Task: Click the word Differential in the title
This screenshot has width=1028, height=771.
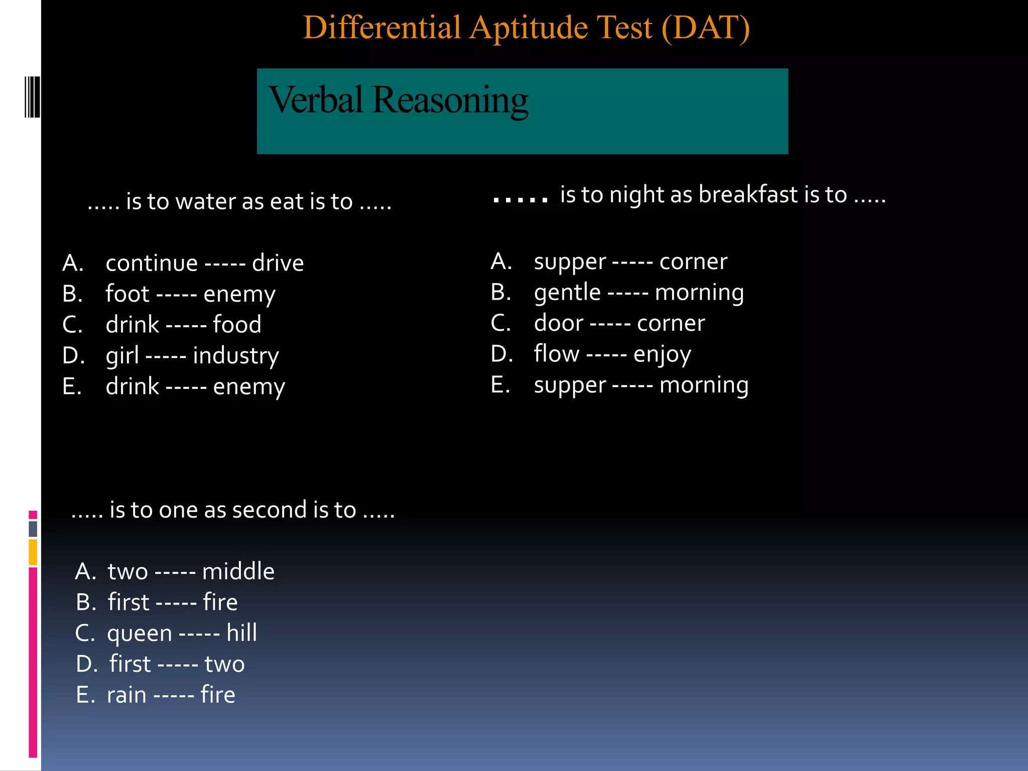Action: coord(382,28)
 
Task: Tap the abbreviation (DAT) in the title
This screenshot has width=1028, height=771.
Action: coord(705,28)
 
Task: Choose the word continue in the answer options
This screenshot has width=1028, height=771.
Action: coord(152,264)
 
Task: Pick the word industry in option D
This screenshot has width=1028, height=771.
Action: coord(236,356)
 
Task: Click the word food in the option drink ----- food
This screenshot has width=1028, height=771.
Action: coord(237,325)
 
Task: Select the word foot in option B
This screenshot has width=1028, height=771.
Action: coord(127,294)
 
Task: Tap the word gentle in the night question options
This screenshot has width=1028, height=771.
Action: coord(567,293)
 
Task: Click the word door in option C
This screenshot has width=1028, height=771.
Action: coord(559,323)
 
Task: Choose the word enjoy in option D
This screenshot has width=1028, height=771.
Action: coord(662,354)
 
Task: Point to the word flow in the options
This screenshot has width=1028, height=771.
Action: coord(556,354)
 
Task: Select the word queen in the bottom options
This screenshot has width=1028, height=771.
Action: coord(140,633)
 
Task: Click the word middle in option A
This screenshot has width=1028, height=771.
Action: coord(238,572)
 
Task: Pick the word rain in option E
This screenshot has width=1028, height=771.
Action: coord(126,695)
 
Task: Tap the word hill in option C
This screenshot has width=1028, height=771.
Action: coord(241,633)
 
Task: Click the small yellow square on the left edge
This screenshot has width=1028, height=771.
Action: coord(33,552)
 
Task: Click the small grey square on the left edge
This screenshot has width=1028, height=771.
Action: coord(33,529)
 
